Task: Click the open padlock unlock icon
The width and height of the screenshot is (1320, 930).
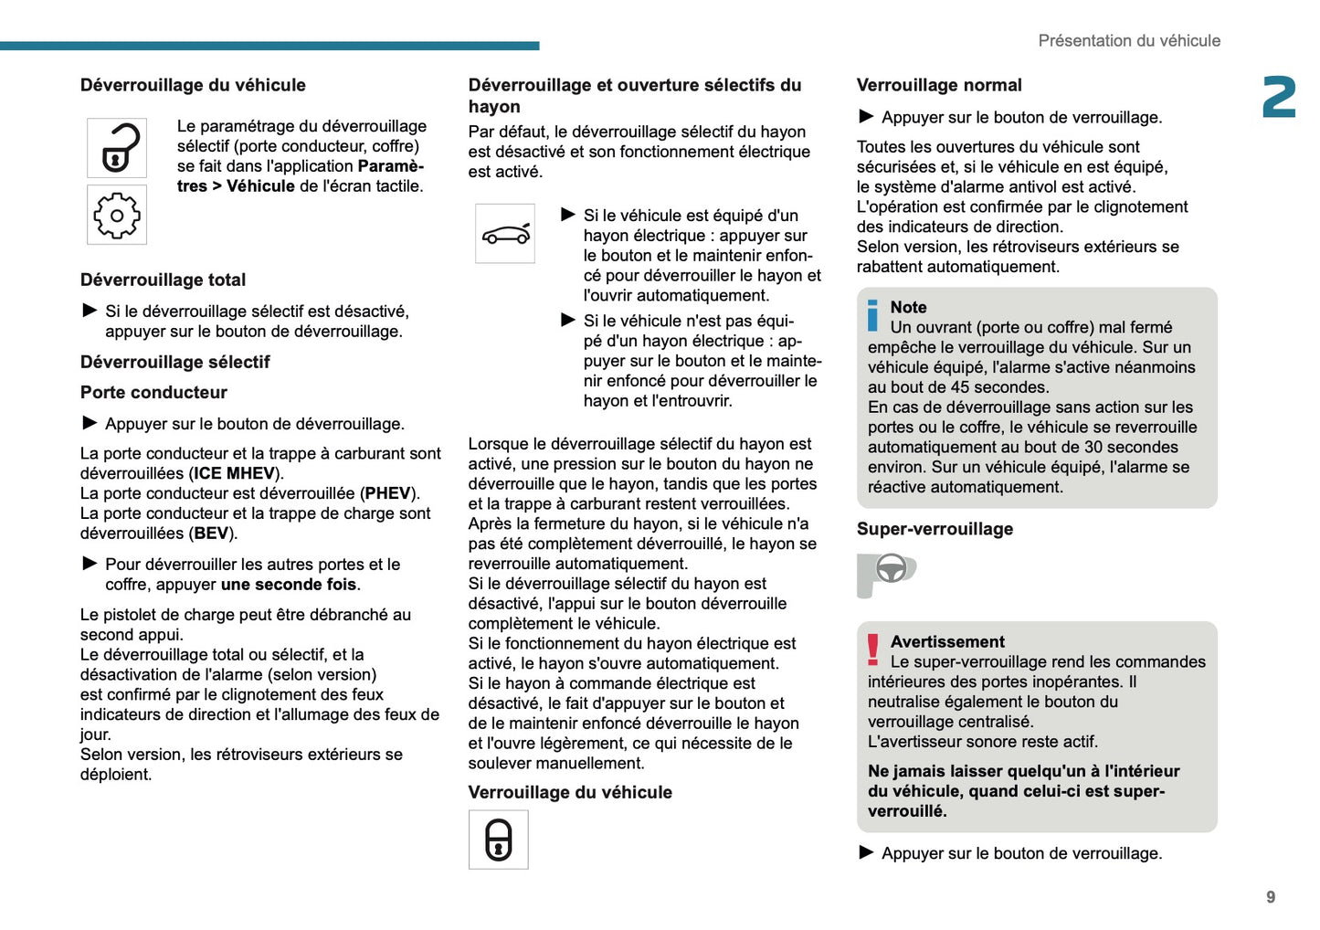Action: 117,148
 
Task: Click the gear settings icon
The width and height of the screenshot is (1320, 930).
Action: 117,216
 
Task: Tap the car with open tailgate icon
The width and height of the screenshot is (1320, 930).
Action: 505,234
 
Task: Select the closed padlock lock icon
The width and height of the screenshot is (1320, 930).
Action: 499,840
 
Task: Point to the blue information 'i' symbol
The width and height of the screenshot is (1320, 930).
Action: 872,316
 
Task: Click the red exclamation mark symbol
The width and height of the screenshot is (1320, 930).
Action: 873,649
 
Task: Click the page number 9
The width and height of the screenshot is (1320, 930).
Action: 1271,897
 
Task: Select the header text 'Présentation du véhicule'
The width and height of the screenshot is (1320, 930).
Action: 1129,41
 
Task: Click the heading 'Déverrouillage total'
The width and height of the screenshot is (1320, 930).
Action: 163,280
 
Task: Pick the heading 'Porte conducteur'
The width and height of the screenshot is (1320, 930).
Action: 153,393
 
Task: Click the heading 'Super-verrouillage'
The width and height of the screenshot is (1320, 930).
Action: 935,529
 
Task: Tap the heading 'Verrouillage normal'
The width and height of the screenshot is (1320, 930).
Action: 939,86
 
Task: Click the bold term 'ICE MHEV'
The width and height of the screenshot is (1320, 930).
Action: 234,473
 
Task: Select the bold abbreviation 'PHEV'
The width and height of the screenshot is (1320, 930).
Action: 387,493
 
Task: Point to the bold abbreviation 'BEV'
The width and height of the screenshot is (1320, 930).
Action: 211,534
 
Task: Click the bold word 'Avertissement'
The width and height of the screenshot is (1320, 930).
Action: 947,642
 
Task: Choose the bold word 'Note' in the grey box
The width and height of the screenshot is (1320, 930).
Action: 908,308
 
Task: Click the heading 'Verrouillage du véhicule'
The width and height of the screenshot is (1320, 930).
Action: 570,793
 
